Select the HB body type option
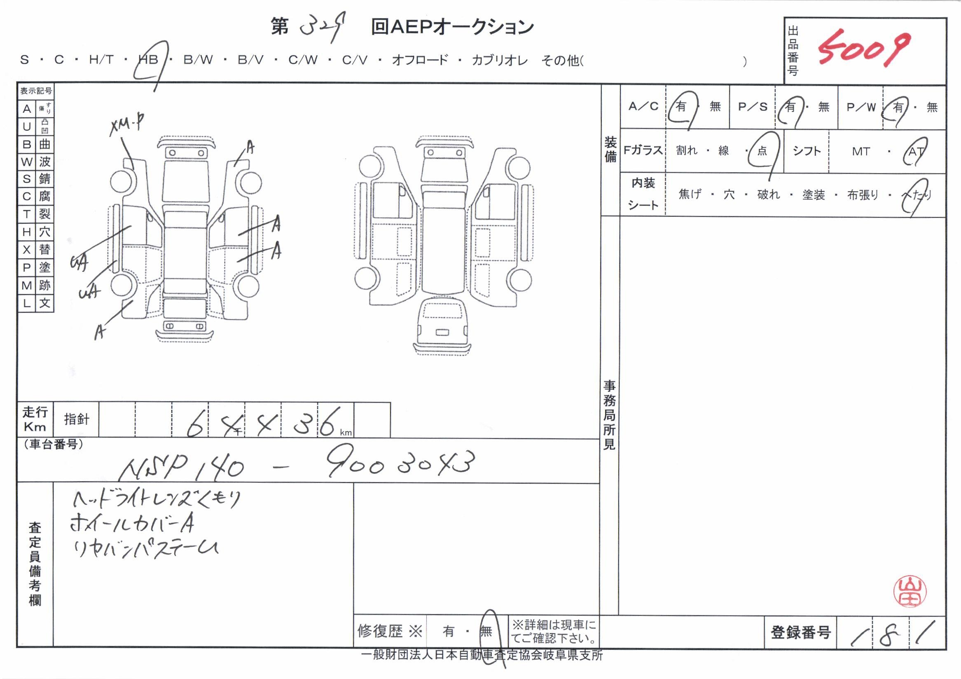(x=149, y=60)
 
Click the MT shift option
(x=860, y=152)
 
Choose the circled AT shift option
(x=915, y=152)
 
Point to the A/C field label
(x=643, y=107)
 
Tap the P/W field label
(x=861, y=107)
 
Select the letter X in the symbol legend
(x=27, y=250)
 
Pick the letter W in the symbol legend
(x=27, y=162)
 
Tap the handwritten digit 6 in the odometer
(x=194, y=423)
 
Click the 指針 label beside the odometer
(x=76, y=419)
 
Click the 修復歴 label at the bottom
(x=379, y=631)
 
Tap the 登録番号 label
(x=800, y=632)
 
